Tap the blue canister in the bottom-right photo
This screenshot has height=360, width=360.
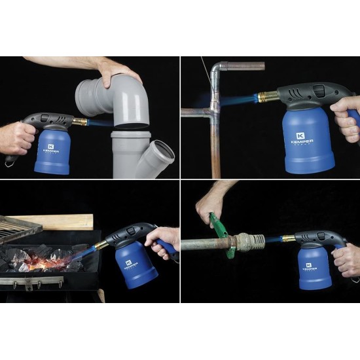318,268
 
